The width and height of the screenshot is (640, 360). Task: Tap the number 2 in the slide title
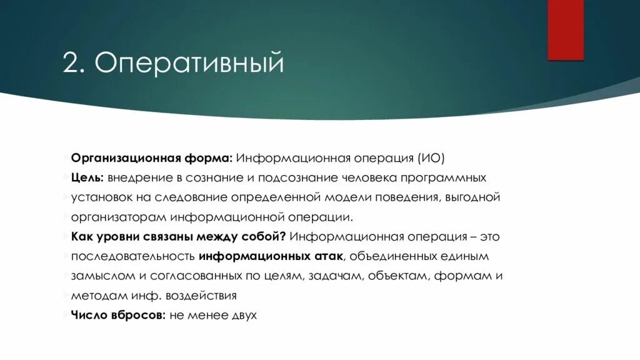click(x=69, y=64)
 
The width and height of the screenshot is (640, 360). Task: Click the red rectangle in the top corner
click(x=566, y=29)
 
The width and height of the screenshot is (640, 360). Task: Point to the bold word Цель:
click(x=87, y=177)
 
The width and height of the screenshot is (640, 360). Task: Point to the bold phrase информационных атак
click(x=270, y=257)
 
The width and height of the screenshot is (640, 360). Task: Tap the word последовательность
click(x=133, y=257)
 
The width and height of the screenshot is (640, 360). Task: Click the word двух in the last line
click(x=243, y=316)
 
